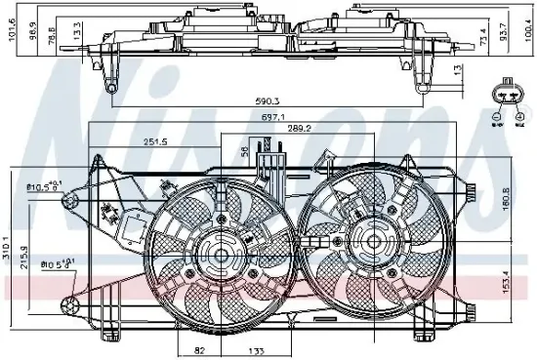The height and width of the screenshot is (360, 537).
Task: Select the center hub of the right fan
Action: click(369, 237)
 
